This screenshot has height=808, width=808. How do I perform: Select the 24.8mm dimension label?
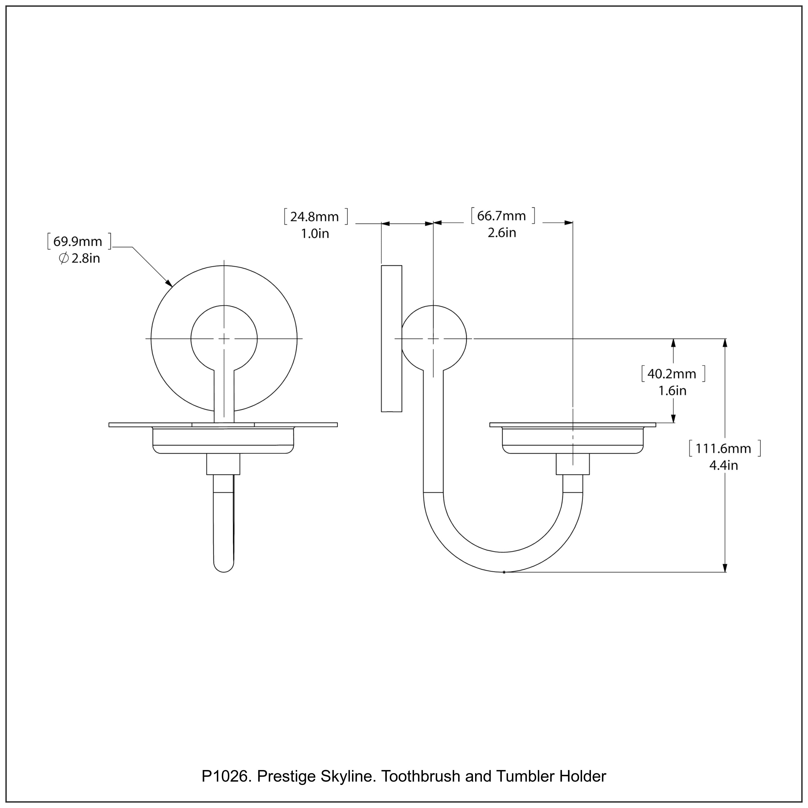[315, 217]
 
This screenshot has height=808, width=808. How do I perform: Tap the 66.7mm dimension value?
[501, 216]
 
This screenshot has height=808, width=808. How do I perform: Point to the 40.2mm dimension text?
[672, 374]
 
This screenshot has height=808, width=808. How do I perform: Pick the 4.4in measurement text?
[723, 465]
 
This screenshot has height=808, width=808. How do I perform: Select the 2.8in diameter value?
[86, 259]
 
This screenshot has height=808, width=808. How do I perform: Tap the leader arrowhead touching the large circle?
[169, 284]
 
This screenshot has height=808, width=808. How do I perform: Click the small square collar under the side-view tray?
[573, 464]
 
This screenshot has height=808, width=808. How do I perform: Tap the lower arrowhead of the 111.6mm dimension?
[725, 567]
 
